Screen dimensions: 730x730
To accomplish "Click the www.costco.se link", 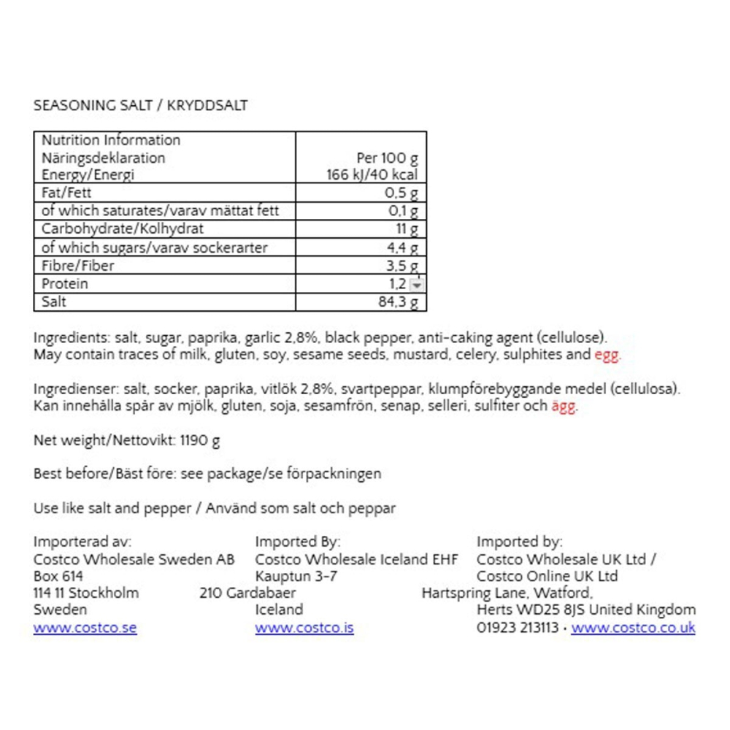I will (85, 628).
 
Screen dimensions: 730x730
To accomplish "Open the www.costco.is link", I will (304, 628).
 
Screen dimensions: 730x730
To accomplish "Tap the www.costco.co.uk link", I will (633, 628).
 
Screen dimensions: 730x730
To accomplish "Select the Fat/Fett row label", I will (65, 193).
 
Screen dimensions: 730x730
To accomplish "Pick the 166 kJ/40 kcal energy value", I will (371, 175).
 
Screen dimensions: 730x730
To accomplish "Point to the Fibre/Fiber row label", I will (77, 266).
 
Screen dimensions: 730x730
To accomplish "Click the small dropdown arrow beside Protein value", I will (416, 285).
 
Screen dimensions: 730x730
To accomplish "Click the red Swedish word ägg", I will (562, 407).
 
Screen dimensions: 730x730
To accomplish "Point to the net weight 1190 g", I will (197, 440).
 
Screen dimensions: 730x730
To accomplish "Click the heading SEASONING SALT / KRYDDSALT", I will (140, 105).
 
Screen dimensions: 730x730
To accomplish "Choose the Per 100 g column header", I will (388, 158).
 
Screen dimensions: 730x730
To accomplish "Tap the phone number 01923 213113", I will (517, 628).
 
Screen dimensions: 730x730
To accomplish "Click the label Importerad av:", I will (82, 542).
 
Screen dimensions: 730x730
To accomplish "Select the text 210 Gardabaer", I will (247, 593).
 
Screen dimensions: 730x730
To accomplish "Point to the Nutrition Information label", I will (110, 140).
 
